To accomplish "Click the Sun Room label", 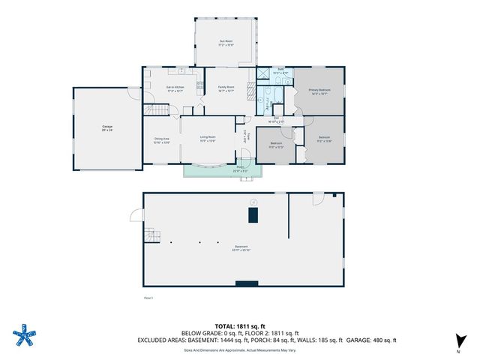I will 226,43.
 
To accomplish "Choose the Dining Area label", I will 162,139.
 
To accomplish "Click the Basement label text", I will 241,247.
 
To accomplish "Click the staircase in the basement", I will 153,236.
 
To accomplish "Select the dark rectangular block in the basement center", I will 254,216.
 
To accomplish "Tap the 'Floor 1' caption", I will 148,298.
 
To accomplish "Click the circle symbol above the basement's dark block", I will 254,201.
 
